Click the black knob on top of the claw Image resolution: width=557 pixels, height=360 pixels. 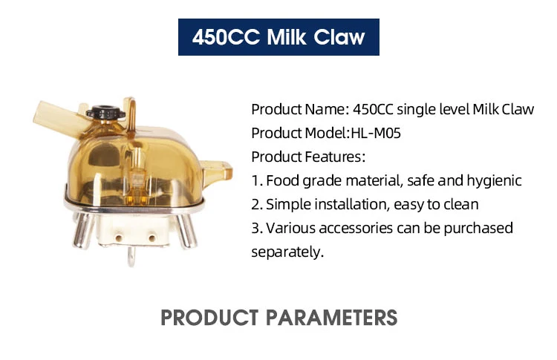click(106, 113)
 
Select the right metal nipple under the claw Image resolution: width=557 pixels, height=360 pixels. click(186, 231)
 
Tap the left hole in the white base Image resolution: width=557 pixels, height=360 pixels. click(118, 238)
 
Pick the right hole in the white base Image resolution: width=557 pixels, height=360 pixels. click(152, 238)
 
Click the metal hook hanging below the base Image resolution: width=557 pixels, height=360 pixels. click(131, 256)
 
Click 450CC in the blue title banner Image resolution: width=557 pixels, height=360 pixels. click(226, 37)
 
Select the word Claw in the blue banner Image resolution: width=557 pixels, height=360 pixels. click(339, 37)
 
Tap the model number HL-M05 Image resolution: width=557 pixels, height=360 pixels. click(376, 133)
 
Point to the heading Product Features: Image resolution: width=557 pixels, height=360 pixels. click(308, 157)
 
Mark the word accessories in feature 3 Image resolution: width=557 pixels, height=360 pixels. click(356, 229)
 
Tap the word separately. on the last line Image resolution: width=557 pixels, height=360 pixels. click(287, 252)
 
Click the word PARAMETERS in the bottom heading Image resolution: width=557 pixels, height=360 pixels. click(331, 318)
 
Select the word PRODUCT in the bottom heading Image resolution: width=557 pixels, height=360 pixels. click(209, 318)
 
